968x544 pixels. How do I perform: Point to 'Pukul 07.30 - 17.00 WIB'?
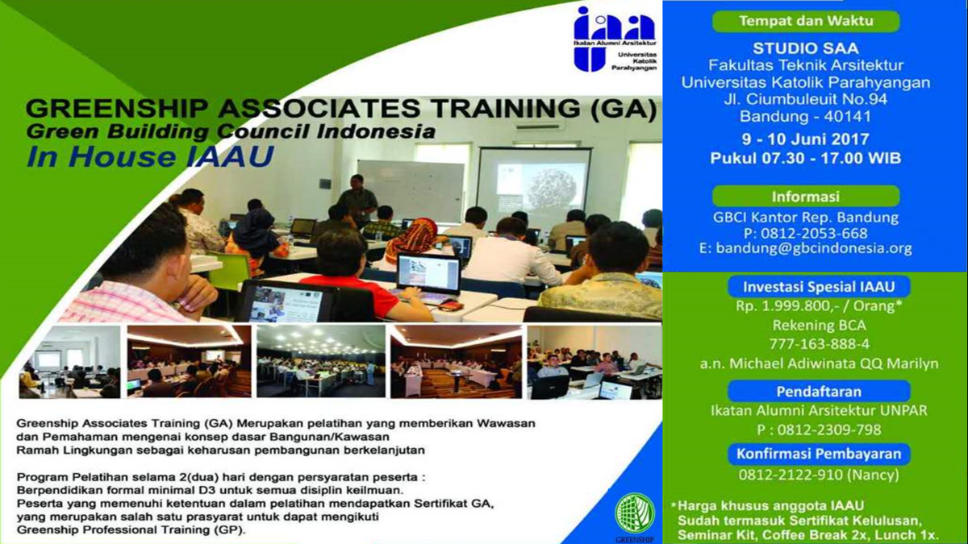(x=805, y=158)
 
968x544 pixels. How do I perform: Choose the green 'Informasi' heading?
(x=805, y=196)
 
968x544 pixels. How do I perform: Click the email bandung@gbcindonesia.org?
(x=805, y=249)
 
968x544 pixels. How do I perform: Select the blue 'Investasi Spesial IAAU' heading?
(x=818, y=286)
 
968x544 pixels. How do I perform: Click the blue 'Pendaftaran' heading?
(x=817, y=392)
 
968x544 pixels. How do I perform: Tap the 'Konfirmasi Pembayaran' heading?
(x=817, y=454)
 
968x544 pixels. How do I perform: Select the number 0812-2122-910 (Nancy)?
(x=817, y=475)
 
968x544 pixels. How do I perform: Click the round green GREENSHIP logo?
(x=635, y=513)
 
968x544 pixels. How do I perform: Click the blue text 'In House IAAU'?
(x=138, y=156)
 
